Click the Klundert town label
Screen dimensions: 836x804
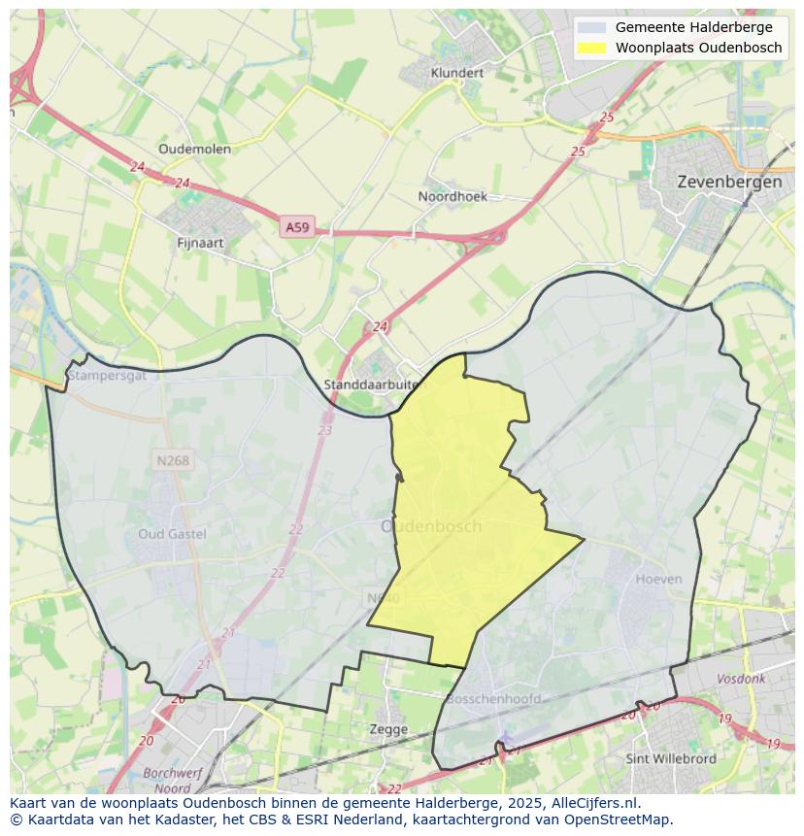tap(456, 73)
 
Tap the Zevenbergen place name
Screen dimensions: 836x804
tap(728, 182)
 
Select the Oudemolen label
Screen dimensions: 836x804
tap(194, 149)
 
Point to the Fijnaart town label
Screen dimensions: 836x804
tap(201, 243)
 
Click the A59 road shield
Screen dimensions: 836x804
tap(297, 227)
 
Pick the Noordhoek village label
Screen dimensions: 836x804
tap(452, 196)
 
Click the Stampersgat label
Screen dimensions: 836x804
tap(107, 375)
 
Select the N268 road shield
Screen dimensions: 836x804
tap(173, 460)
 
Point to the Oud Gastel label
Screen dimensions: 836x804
tap(172, 534)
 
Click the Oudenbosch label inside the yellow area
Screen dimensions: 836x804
tap(430, 526)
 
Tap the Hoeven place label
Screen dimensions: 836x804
tap(658, 579)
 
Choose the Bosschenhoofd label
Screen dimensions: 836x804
tap(492, 698)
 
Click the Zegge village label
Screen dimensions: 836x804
tap(388, 728)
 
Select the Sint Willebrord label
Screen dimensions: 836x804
tap(671, 758)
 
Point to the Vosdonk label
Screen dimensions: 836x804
tap(741, 679)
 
